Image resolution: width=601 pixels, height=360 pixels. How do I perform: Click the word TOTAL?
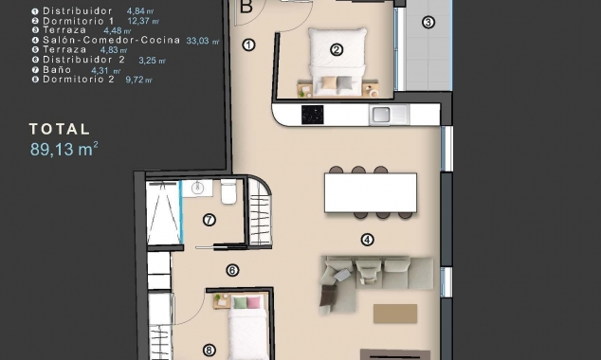point(59,129)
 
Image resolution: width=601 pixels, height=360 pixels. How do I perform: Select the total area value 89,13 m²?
point(64,148)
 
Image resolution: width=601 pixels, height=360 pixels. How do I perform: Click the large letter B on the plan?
point(246,7)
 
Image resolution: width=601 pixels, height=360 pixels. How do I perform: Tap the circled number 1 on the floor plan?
point(249,45)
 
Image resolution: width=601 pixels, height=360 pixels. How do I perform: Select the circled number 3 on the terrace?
point(428,22)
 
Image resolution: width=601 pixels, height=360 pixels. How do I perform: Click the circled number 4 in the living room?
point(368,240)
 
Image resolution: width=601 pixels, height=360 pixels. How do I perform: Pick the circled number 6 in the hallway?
point(232,270)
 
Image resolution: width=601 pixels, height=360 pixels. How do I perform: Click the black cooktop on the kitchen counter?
point(312,115)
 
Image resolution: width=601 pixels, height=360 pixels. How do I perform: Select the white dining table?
point(370,192)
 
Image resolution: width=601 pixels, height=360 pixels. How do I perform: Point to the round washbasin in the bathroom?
point(198,189)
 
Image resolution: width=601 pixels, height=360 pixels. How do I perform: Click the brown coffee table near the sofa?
point(395,313)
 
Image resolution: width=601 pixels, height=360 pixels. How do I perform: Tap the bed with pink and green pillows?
point(246,328)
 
